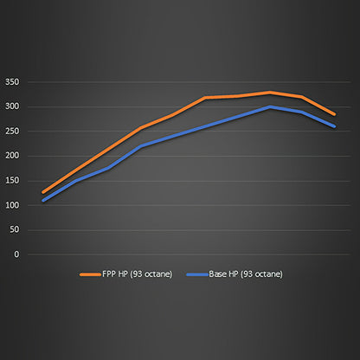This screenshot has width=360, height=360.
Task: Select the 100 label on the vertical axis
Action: pyautogui.click(x=11, y=205)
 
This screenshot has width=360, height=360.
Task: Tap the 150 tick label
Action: pyautogui.click(x=11, y=181)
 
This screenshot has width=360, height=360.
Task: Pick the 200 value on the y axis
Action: pyautogui.click(x=11, y=156)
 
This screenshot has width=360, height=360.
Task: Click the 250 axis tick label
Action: pyautogui.click(x=11, y=132)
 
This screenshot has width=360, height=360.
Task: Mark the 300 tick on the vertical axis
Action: pyautogui.click(x=11, y=106)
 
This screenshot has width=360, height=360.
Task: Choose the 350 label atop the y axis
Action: pyautogui.click(x=11, y=82)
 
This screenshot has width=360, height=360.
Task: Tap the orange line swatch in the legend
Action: pyautogui.click(x=89, y=274)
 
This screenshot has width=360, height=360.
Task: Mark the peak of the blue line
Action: pyautogui.click(x=270, y=106)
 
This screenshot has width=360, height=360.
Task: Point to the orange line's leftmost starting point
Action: pyautogui.click(x=42, y=192)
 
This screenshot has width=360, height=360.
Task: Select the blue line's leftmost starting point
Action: pyautogui.click(x=42, y=201)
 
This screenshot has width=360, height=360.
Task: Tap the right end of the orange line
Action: pyautogui.click(x=335, y=114)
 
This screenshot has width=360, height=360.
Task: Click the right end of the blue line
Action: pyautogui.click(x=335, y=126)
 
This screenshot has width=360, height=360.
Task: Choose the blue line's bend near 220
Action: pyautogui.click(x=140, y=146)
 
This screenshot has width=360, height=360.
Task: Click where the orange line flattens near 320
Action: pyautogui.click(x=205, y=98)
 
